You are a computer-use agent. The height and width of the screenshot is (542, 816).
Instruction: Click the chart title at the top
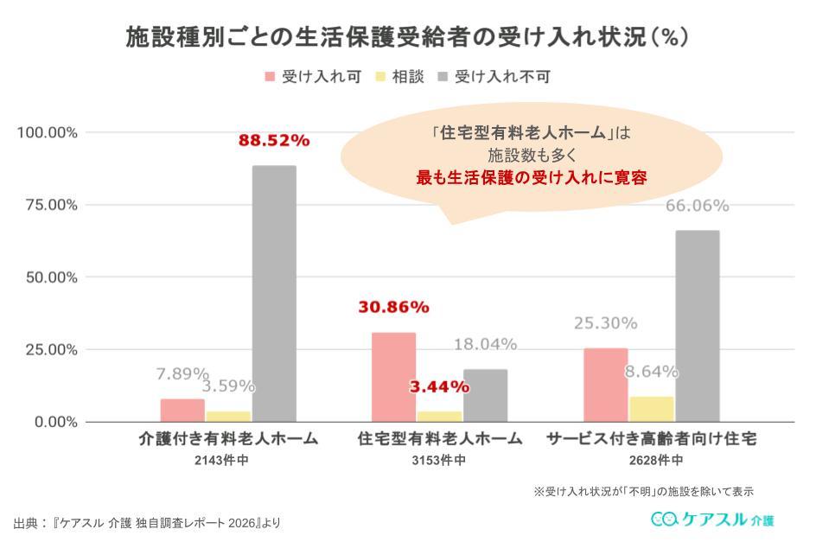(x=406, y=38)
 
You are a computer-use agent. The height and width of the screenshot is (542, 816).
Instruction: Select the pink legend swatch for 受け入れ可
(x=269, y=77)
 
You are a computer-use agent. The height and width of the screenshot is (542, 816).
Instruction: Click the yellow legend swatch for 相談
(x=379, y=77)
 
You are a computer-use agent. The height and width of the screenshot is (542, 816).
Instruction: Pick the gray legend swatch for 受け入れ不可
(x=443, y=77)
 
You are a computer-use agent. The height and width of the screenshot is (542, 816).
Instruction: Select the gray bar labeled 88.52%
(x=274, y=294)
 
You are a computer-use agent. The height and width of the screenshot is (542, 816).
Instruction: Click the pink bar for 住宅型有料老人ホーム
(x=393, y=377)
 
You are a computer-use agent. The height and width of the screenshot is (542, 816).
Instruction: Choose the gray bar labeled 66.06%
(x=697, y=326)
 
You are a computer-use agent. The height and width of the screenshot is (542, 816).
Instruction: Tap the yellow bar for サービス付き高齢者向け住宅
(x=652, y=409)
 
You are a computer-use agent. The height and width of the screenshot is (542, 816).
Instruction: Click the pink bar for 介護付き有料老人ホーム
(x=183, y=411)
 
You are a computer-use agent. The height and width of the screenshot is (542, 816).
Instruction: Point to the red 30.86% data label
(x=393, y=307)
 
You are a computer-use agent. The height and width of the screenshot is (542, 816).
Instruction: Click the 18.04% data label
(x=485, y=344)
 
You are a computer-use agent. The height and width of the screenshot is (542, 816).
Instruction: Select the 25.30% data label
(x=606, y=323)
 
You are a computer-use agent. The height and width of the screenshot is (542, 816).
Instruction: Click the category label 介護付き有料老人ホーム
(x=228, y=439)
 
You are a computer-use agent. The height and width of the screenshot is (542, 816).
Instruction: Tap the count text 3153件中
(x=439, y=460)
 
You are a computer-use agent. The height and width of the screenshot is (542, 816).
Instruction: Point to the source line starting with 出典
(x=147, y=523)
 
